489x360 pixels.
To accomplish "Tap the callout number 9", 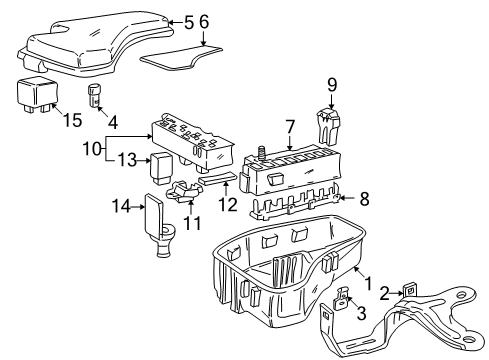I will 333,86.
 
